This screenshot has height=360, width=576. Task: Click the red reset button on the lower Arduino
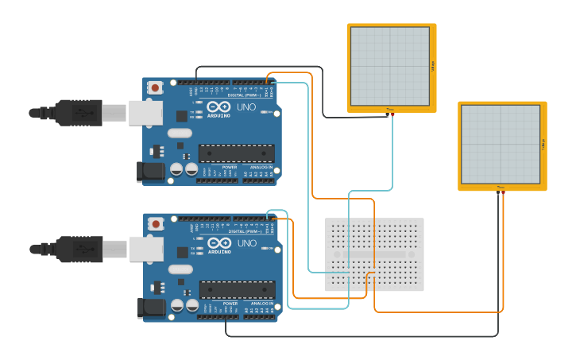(x=157, y=223)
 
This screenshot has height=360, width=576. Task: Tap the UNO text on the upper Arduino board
(x=247, y=106)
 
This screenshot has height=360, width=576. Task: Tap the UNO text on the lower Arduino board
(x=247, y=243)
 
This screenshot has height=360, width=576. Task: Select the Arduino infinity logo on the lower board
(x=219, y=242)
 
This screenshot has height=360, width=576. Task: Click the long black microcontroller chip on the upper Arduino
(x=237, y=153)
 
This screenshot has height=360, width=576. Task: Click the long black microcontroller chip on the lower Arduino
(x=237, y=290)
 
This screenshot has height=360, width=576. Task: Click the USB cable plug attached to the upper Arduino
(x=79, y=113)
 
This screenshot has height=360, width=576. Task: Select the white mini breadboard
(x=375, y=254)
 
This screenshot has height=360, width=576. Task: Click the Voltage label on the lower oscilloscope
(x=543, y=145)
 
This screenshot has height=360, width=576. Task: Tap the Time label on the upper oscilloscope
(x=389, y=110)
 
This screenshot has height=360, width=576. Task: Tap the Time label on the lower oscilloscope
(x=501, y=188)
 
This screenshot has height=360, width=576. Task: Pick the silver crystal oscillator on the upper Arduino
(x=180, y=133)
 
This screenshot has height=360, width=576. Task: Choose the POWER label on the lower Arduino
(x=230, y=304)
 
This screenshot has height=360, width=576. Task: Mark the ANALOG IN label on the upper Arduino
(x=261, y=168)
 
